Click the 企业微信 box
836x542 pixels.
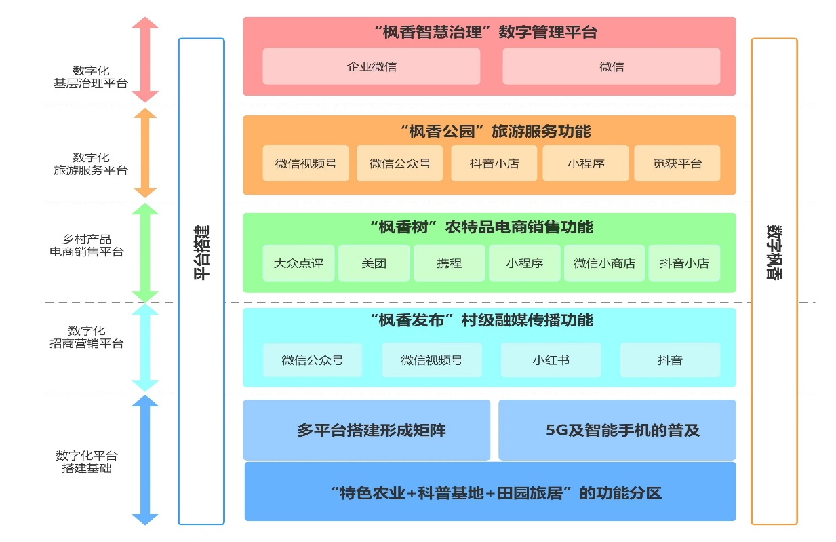point(372,66)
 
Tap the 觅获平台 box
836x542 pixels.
point(677,163)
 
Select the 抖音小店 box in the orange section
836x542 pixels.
point(494,163)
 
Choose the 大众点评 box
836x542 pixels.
point(298,263)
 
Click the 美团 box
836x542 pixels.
point(374,263)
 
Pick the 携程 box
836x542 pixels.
point(450,263)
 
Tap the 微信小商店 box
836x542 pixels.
point(604,263)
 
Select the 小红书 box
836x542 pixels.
point(551,360)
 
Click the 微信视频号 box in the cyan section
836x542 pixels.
point(432,360)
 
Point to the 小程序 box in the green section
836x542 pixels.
point(525,263)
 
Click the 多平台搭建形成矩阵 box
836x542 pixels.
point(367,430)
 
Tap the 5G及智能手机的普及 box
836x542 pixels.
point(617,430)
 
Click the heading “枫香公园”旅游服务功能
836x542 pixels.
point(496,132)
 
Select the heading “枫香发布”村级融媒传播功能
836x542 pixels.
point(481,320)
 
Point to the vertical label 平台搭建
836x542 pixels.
point(201,252)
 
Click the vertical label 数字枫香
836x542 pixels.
point(774,252)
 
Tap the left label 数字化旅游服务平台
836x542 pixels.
point(91,163)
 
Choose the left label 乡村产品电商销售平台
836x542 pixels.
point(87,246)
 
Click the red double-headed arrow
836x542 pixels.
point(145,60)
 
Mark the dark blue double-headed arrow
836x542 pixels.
point(145,460)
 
